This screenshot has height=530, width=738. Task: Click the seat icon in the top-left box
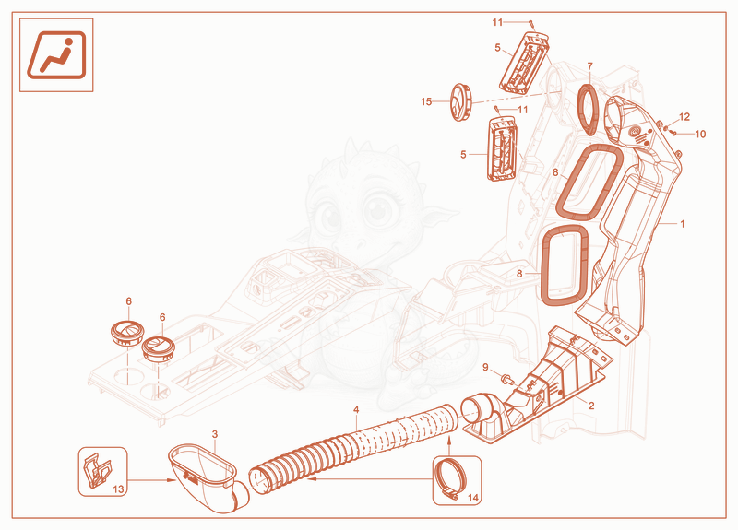56,54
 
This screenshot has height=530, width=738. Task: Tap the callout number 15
426,101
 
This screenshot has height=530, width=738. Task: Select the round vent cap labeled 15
460,102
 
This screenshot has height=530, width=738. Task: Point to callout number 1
683,224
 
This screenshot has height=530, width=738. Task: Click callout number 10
700,134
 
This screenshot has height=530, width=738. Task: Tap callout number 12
684,117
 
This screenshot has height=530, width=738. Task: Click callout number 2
591,406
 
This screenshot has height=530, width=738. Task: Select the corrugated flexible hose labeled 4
353,443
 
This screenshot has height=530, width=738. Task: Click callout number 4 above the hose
356,409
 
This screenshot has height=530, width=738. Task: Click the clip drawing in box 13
97,468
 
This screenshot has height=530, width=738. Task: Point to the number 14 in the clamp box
473,498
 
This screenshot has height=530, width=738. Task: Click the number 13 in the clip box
118,489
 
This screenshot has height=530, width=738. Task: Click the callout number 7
589,66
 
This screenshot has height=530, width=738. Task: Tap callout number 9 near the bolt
486,367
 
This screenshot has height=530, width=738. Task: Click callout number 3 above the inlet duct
215,434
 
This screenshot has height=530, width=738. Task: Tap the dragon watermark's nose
359,243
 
